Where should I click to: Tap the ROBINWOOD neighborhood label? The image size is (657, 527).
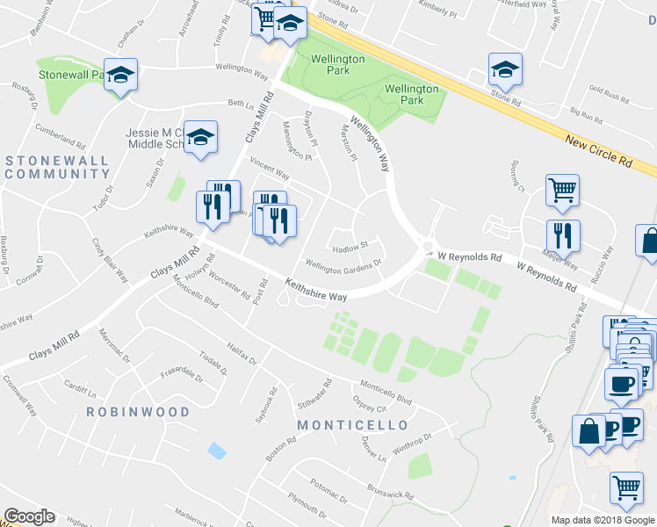click(x=138, y=411)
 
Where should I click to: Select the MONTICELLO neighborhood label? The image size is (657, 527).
click(x=352, y=425)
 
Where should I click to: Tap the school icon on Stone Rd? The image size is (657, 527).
click(x=505, y=68)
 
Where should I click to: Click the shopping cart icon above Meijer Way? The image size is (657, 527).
click(x=562, y=188)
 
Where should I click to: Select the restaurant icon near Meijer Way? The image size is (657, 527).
click(x=562, y=235)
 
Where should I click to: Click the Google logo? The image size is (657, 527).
click(x=29, y=516)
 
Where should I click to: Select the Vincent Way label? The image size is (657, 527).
click(x=270, y=166)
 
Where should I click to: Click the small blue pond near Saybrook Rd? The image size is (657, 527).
click(x=216, y=451)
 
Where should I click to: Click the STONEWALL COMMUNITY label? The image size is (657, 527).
click(x=57, y=167)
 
